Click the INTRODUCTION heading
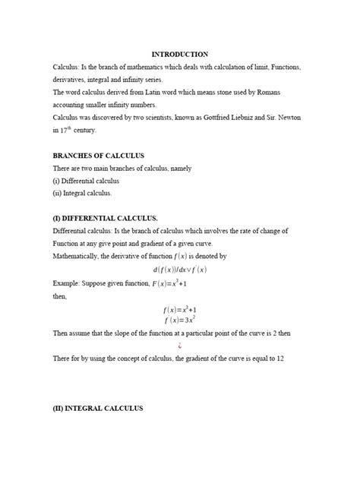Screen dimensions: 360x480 click(180, 55)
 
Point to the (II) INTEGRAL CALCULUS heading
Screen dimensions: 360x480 click(98, 409)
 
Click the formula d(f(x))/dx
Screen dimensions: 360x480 click(172, 269)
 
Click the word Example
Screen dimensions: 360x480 click(66, 282)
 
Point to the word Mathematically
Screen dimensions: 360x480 click(80, 257)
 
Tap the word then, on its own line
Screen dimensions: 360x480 click(61, 295)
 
